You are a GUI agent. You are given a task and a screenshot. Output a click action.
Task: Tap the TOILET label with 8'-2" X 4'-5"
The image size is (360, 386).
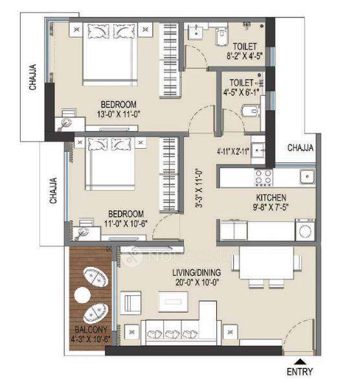[x=245, y=47]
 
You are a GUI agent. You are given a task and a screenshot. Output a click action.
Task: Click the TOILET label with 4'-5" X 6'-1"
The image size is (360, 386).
[x=243, y=82]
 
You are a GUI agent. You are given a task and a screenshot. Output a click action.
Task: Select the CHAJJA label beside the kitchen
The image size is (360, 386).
[x=300, y=148]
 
